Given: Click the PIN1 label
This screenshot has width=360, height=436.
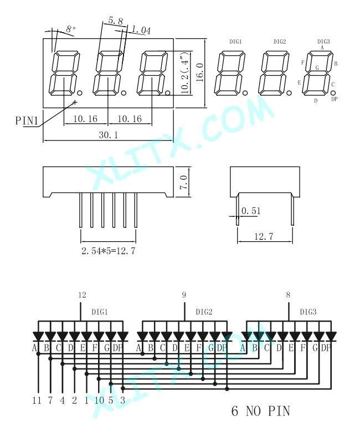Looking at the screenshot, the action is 27,121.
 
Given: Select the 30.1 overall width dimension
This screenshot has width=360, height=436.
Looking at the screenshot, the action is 109,135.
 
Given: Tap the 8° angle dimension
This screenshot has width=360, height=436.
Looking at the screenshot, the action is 71,29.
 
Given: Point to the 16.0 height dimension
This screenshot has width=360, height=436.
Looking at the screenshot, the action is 200,72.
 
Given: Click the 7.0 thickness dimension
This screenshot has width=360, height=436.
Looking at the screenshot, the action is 184,182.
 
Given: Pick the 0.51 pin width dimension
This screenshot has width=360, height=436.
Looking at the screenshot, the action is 251,211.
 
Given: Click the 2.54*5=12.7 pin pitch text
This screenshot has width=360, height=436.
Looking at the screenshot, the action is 109,251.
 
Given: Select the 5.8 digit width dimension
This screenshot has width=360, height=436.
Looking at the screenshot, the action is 116,20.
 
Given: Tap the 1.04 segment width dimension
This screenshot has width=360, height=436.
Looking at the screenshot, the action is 141,29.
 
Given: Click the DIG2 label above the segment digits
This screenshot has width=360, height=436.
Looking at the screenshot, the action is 280,41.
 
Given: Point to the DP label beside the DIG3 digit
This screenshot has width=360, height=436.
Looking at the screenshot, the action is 335,98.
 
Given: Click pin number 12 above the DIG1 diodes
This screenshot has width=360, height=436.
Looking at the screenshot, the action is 82,295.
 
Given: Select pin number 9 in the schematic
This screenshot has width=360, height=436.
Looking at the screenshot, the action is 184,295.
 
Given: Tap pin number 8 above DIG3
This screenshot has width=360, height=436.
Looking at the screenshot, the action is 288,295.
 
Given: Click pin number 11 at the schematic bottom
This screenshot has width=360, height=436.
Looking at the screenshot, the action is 37,401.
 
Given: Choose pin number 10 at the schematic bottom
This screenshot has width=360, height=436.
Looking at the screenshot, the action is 99,401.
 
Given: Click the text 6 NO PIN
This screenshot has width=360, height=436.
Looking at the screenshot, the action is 261,411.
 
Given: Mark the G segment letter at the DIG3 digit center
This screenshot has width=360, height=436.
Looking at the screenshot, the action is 317,68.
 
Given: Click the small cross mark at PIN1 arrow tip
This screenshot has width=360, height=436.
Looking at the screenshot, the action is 75,102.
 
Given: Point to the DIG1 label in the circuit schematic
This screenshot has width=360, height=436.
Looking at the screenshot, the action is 100,312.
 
